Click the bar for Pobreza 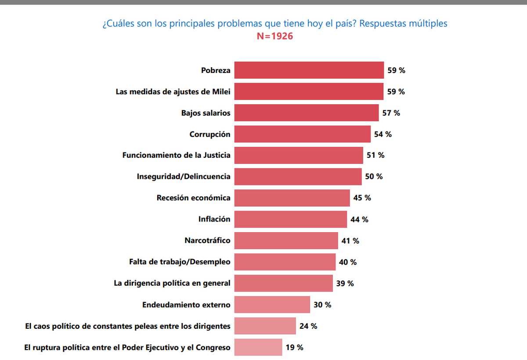click(x=309, y=70)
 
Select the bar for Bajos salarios click(x=306, y=113)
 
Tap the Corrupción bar click(x=302, y=134)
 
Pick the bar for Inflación click(x=290, y=219)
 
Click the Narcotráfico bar click(x=286, y=240)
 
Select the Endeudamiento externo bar click(x=272, y=305)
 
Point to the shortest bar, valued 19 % click(x=258, y=347)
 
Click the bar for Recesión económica click(x=292, y=198)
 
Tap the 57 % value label click(x=391, y=113)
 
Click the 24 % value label click(x=308, y=326)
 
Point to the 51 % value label click(x=375, y=155)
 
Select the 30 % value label click(x=322, y=305)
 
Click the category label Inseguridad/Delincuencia click(x=184, y=177)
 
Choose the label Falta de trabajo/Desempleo click(x=180, y=262)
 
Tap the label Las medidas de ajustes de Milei click(x=173, y=92)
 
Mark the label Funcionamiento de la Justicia click(x=176, y=155)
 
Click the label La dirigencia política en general click(x=172, y=283)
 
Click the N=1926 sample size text click(x=275, y=36)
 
